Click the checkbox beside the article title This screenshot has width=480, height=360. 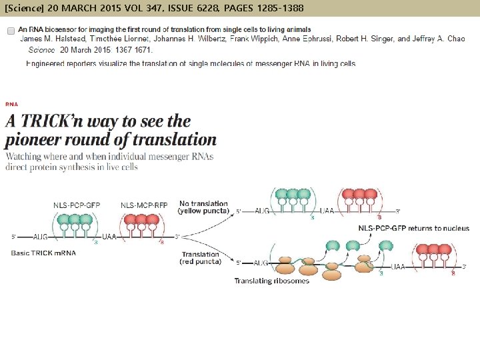coord(11,31)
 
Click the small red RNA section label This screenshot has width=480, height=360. coord(11,104)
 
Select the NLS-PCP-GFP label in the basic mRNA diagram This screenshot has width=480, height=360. coord(77,205)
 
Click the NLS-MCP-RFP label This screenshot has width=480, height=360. coord(143,205)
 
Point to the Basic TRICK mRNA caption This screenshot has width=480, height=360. coord(43,253)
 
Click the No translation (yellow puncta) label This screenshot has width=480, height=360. coord(203,207)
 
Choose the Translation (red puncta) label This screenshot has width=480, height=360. coord(201,258)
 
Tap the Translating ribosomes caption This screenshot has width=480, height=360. coord(272,281)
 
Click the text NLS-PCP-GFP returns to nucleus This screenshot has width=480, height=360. coord(413,228)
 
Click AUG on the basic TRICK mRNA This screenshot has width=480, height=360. coord(41,237)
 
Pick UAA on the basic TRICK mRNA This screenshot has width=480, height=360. coord(110,237)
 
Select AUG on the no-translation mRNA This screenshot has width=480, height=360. coord(262,211)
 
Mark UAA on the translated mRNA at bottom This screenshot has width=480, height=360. coord(397,266)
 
